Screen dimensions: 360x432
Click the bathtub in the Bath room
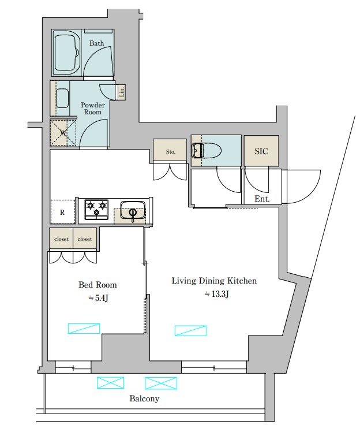[x=66, y=53]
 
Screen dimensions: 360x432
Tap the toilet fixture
[x=207, y=151]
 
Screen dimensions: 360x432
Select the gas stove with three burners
[x=96, y=210]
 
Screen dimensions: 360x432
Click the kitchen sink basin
[x=133, y=210]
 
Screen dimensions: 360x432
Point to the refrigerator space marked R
[x=62, y=212]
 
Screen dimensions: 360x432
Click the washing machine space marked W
[x=63, y=133]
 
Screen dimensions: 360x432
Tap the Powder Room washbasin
[x=62, y=98]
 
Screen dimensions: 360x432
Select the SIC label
[x=261, y=151]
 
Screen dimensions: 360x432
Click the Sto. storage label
[x=171, y=151]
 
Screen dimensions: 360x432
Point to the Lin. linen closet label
[x=122, y=92]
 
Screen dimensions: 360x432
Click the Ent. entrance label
[x=262, y=199]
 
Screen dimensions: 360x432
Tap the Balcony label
[x=144, y=399]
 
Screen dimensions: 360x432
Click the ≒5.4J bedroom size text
[x=98, y=298]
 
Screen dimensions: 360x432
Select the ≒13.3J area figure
[x=217, y=294]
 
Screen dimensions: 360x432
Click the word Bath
[x=96, y=43]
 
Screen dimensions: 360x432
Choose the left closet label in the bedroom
[x=61, y=239]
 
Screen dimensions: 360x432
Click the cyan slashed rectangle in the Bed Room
[x=84, y=329]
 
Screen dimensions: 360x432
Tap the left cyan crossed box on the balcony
[x=110, y=383]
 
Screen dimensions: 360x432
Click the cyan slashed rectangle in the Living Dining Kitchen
[x=191, y=330]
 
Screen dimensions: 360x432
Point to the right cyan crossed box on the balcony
[x=161, y=383]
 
